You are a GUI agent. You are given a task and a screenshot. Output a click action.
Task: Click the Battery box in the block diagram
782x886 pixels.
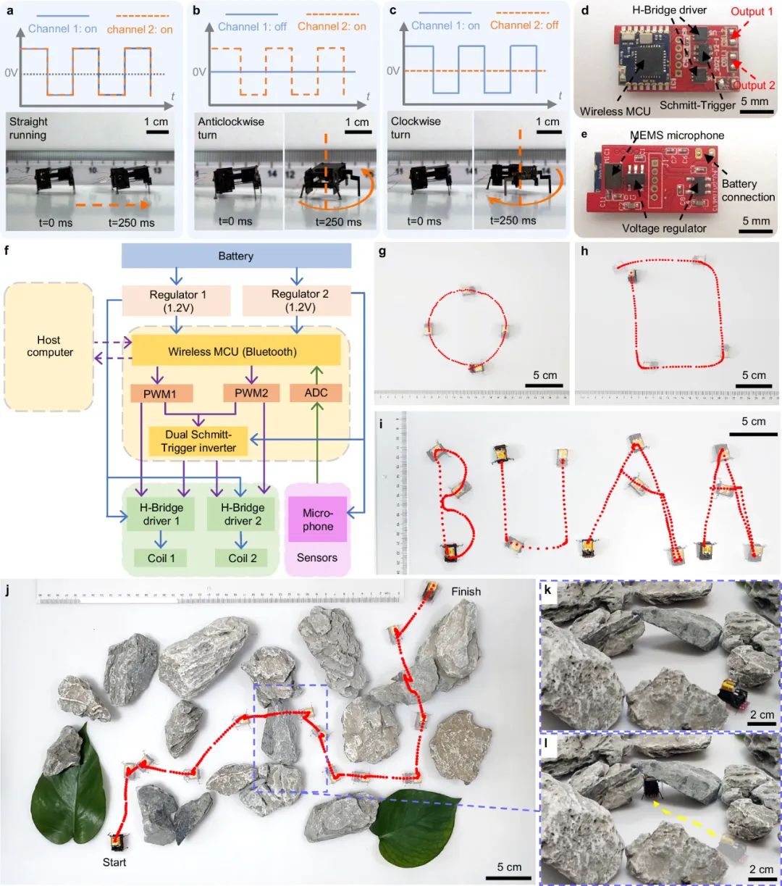pos(236,256)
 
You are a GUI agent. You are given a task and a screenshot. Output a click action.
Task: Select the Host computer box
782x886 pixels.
pos(49,346)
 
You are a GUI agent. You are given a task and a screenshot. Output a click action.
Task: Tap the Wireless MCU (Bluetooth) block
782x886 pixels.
pos(236,351)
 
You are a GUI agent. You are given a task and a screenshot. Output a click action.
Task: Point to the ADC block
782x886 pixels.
pos(316,393)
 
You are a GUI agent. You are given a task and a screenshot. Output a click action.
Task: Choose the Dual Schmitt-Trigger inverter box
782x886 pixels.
pos(198,441)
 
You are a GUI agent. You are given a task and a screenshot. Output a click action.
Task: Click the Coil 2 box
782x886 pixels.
pos(241,558)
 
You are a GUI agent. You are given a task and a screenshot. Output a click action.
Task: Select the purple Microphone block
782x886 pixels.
pos(318,519)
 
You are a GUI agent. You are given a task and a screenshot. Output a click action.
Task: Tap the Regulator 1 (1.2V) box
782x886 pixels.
pos(177,301)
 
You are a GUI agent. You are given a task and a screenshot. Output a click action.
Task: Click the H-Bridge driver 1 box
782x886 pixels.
pos(161,514)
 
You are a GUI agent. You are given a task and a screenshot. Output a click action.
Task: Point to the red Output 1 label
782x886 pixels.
pos(752,12)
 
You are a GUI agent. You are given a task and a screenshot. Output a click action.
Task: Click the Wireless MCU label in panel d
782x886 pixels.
pos(615,111)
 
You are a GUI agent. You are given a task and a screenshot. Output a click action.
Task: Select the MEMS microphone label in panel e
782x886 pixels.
pos(677,135)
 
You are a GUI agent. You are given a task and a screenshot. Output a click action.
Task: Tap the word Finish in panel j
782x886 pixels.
pos(466,592)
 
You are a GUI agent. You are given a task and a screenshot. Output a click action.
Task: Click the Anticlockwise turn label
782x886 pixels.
pos(230,128)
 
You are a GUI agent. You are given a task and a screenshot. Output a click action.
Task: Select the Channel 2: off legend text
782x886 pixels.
pos(524,25)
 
